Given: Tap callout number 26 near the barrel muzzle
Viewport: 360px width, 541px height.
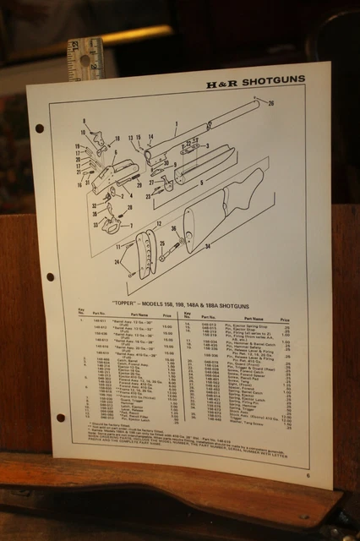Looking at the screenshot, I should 271,103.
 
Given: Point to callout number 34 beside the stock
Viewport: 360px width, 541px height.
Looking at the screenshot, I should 206,247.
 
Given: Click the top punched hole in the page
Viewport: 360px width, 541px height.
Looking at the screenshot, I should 40,128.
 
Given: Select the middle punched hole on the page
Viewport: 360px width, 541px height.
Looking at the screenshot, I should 50,276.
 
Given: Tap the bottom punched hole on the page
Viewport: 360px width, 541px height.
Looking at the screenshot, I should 60,417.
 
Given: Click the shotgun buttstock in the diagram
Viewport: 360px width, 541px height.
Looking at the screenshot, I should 224,207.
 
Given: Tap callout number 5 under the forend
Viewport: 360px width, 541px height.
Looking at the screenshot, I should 200,183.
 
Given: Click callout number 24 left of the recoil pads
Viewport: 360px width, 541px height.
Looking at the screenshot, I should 117,262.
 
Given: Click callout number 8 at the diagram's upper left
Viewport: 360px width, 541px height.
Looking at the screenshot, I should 85,122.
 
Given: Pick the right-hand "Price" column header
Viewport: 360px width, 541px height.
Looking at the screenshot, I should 284,320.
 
